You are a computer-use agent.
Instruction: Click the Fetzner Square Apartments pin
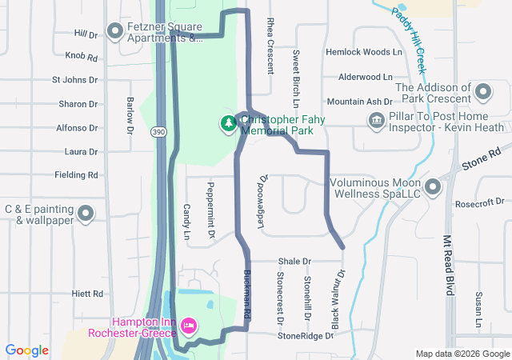click(x=115, y=32)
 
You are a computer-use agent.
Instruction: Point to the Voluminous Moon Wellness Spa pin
click(x=434, y=188)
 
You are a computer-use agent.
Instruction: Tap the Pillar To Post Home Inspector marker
click(x=375, y=121)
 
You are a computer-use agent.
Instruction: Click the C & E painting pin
click(x=86, y=214)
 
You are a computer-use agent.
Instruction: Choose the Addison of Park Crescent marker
click(x=482, y=93)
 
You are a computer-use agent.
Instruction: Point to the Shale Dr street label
click(x=294, y=262)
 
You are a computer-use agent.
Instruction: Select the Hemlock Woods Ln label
click(x=363, y=52)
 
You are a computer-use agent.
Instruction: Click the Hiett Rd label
click(x=86, y=294)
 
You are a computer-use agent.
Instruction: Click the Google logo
click(x=27, y=350)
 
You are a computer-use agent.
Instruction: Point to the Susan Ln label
click(x=478, y=307)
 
